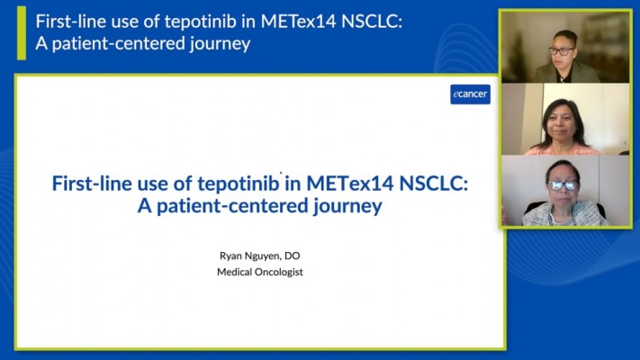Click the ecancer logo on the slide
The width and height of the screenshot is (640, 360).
[470, 94]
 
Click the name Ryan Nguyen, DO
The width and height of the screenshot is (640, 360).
[260, 256]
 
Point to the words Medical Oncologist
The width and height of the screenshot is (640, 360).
[260, 272]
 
